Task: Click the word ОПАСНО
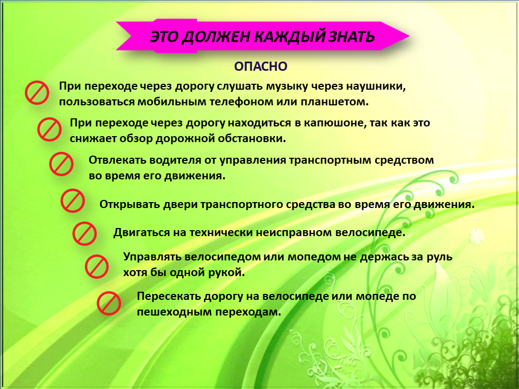point(261,66)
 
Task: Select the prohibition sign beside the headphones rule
point(37,92)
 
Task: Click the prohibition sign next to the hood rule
point(49,129)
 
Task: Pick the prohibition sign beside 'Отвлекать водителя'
point(61,164)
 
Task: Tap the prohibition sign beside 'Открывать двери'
point(72,200)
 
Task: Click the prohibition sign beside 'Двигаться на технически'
point(84,233)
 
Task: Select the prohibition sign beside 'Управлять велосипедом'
point(97,266)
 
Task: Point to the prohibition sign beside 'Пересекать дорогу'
point(109,303)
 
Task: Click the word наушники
point(376,86)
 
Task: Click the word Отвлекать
point(117,160)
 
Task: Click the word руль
point(438,257)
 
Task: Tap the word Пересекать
point(168,296)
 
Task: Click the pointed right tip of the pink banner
point(409,36)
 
